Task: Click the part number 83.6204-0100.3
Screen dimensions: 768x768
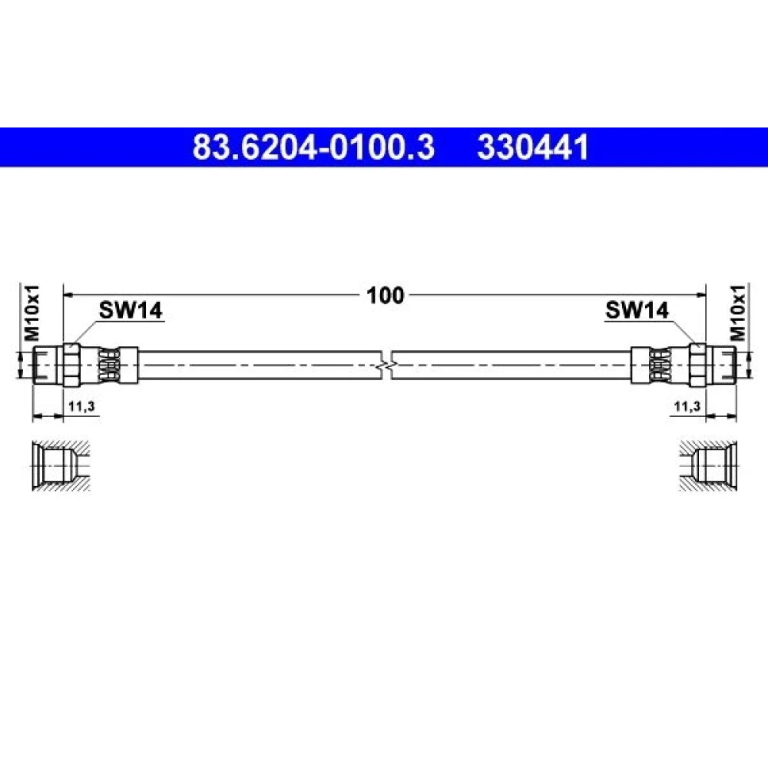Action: coord(313,147)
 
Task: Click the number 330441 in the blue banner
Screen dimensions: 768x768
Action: coord(533,147)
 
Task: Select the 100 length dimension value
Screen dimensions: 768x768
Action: coord(385,296)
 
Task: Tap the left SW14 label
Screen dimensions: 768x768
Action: coord(131,310)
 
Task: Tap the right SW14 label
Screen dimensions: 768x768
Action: coord(637,310)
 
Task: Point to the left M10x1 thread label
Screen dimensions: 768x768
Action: coord(32,313)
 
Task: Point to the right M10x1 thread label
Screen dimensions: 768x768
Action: coord(737,313)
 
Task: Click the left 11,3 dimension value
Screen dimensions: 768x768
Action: coord(81,406)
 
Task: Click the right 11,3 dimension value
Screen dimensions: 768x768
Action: coord(687,406)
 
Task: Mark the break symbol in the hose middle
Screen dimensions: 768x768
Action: coord(386,366)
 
